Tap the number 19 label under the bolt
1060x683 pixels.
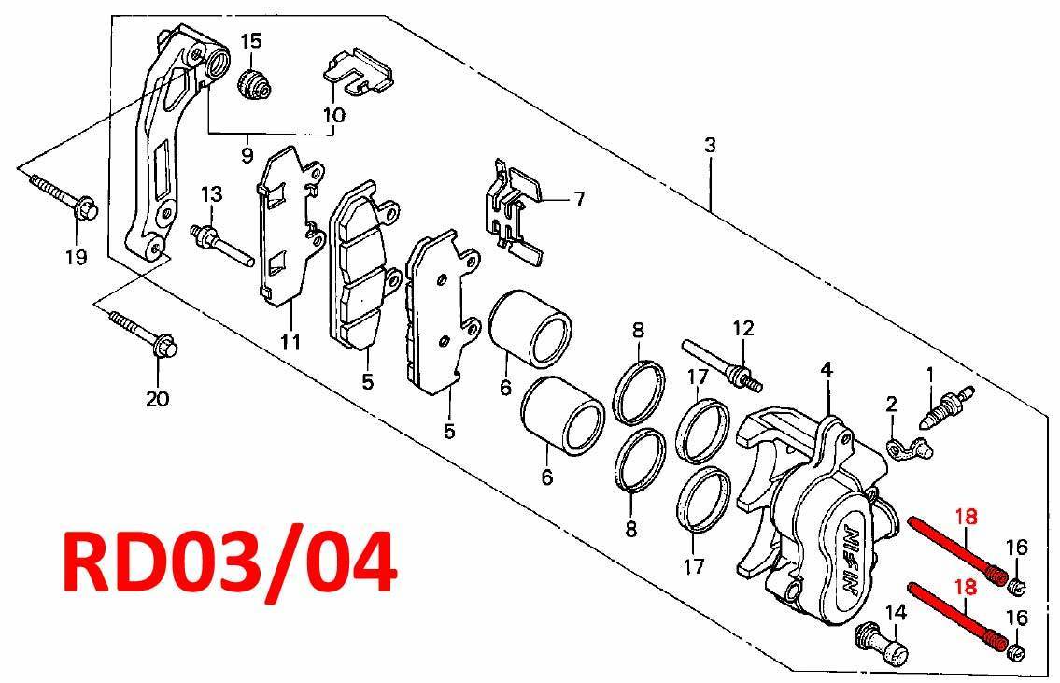point(77,257)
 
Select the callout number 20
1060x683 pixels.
point(158,399)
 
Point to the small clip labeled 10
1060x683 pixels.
point(359,71)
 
